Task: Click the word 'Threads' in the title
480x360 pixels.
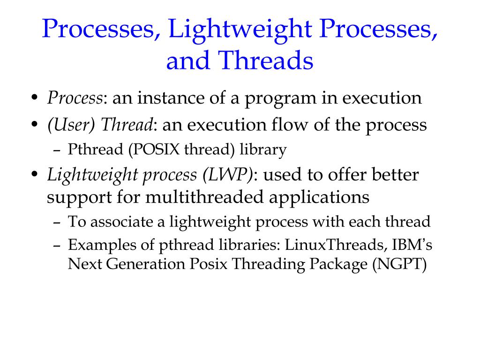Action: pos(266,61)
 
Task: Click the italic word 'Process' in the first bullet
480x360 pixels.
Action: pos(75,98)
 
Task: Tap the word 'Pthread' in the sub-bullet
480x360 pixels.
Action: pos(91,150)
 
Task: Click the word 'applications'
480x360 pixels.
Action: pos(319,197)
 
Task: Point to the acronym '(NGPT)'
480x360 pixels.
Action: pos(400,265)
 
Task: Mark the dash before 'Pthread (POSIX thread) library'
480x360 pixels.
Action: pos(56,150)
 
